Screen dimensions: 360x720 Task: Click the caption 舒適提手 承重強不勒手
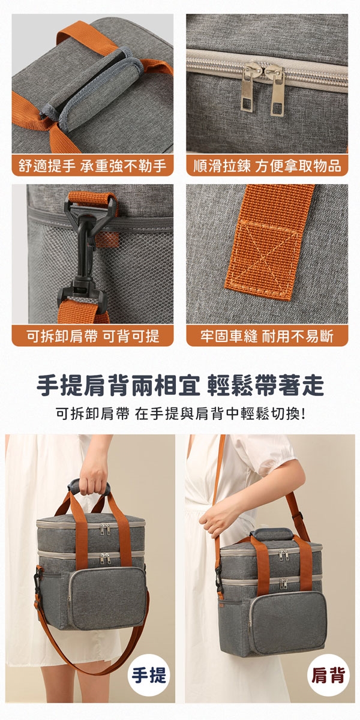(x=92, y=166)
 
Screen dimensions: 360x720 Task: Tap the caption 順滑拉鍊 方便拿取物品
(x=267, y=166)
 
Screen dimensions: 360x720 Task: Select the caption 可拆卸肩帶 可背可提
(x=92, y=336)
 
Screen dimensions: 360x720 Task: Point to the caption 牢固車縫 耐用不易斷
(x=267, y=336)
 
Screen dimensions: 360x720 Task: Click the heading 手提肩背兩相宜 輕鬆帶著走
(x=181, y=385)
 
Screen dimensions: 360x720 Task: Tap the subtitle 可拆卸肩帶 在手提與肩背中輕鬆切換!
(x=181, y=413)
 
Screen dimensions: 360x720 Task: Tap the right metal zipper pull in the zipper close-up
(x=275, y=89)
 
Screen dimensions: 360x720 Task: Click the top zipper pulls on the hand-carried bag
(x=105, y=529)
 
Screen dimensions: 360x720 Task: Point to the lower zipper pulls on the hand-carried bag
(x=105, y=559)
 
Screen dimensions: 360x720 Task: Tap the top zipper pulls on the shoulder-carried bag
(x=283, y=554)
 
